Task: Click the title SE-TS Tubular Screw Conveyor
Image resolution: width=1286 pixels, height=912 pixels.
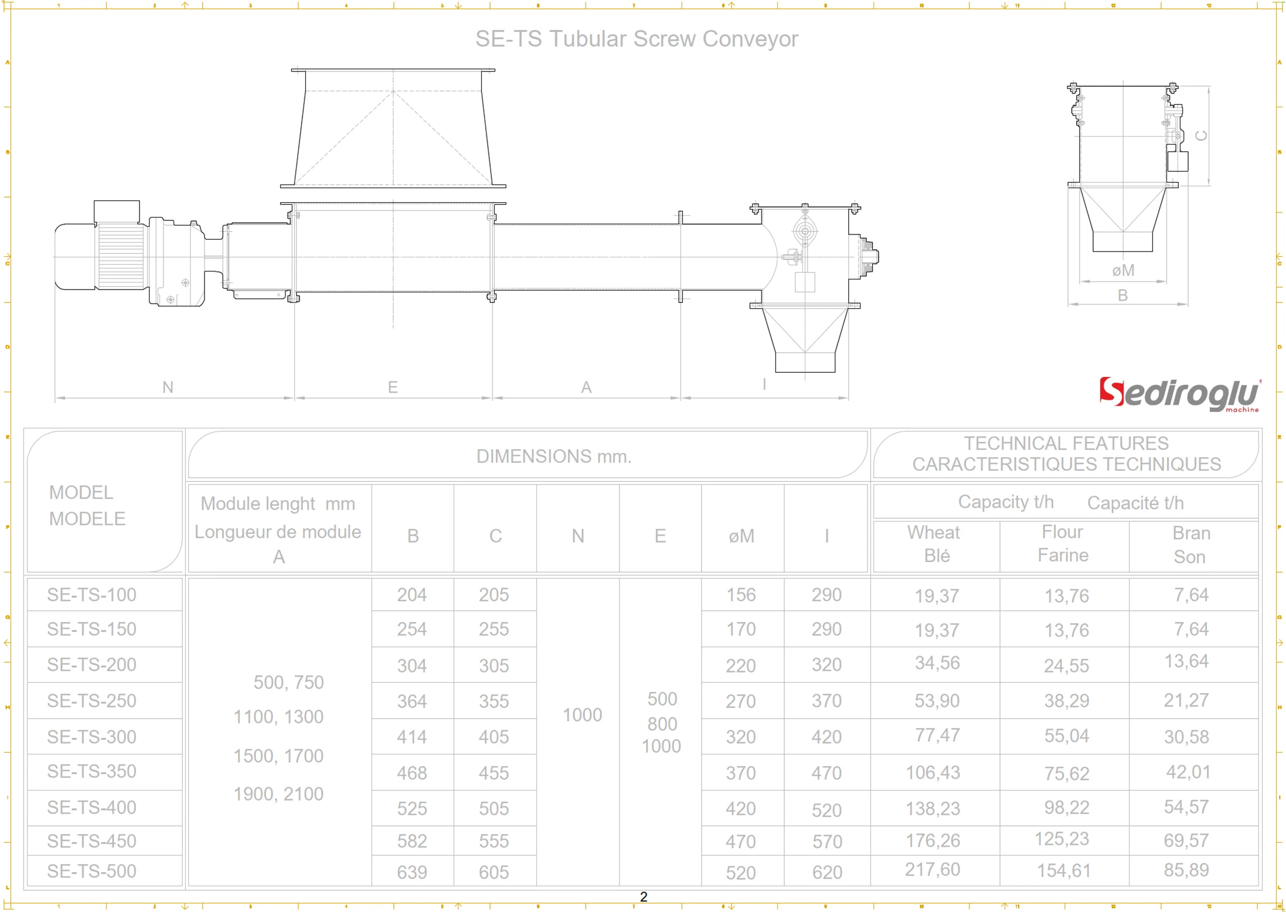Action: pos(636,39)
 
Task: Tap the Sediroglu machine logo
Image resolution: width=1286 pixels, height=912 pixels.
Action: pos(1179,394)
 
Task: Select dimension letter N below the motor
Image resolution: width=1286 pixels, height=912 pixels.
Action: pos(168,387)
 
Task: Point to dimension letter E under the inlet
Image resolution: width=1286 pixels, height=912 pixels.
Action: pos(393,387)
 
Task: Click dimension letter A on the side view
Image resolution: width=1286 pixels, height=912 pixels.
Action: pos(586,387)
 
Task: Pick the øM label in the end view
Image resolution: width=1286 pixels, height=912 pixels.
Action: pos(1123,270)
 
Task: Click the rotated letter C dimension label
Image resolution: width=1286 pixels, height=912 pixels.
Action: pos(1201,136)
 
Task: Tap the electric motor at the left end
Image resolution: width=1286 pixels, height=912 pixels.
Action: pos(100,255)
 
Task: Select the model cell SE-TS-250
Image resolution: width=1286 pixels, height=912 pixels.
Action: pos(92,700)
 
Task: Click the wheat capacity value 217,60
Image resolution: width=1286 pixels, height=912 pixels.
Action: pos(932,869)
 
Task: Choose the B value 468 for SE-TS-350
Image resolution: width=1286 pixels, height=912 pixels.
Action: pos(412,773)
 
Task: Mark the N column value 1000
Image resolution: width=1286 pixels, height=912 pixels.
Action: pos(582,714)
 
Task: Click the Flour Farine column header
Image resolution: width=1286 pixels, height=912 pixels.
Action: pos(1063,543)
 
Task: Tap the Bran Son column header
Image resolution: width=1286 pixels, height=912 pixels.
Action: pos(1190,545)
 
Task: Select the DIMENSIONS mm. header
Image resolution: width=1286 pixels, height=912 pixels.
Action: pos(553,456)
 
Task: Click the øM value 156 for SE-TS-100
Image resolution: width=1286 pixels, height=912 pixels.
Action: pos(741,595)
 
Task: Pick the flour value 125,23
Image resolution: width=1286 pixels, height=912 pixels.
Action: pos(1062,839)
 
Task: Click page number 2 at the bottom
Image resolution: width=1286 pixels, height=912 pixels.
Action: pos(643,897)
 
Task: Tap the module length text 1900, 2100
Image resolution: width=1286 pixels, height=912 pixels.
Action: pos(278,794)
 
